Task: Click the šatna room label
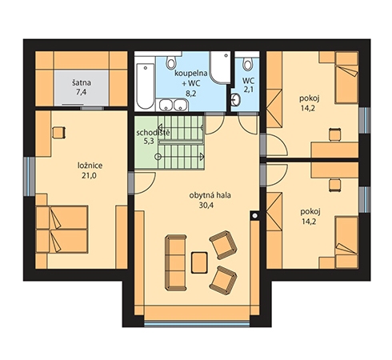tap(82, 82)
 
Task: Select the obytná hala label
tap(210, 195)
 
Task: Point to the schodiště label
tap(153, 133)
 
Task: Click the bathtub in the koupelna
tap(145, 86)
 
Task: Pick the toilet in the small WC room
tap(248, 63)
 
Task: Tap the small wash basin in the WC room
tap(236, 100)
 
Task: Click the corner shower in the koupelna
tap(220, 67)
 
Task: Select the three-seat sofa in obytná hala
tap(176, 262)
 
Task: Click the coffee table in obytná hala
tap(199, 262)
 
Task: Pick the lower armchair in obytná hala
tap(223, 280)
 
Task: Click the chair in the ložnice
tap(58, 133)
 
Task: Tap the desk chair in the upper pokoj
tap(335, 134)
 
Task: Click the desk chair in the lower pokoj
tap(335, 185)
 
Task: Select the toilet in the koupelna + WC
tap(171, 62)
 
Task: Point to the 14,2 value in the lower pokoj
tap(309, 222)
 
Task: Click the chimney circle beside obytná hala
tap(255, 216)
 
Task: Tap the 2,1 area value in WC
tap(248, 90)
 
